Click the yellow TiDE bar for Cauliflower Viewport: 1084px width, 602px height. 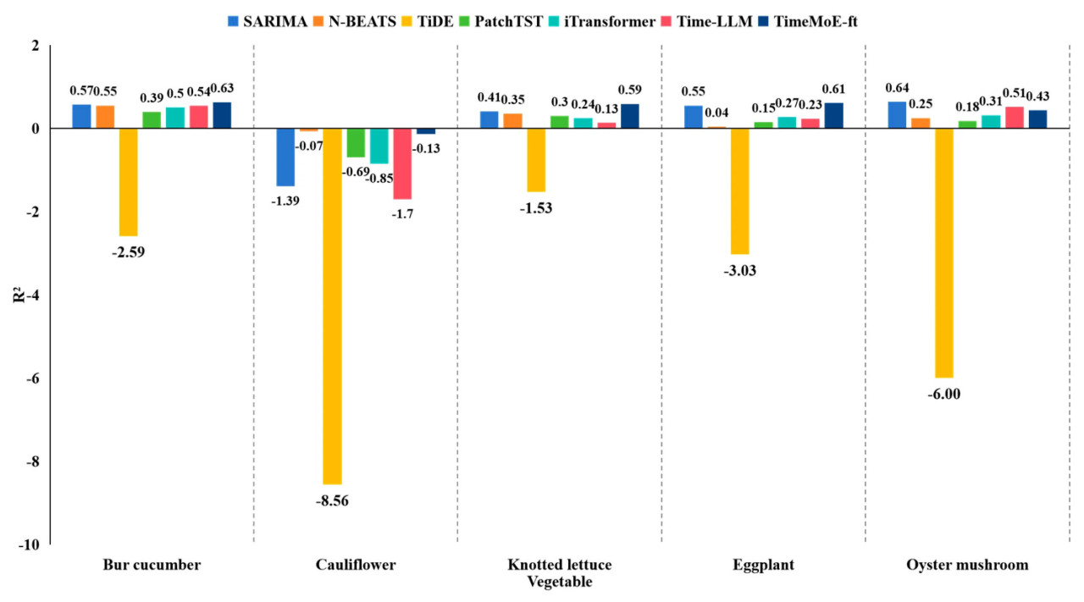[x=332, y=305]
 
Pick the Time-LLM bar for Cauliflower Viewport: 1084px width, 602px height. [x=401, y=163]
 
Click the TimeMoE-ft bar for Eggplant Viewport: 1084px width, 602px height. [x=833, y=115]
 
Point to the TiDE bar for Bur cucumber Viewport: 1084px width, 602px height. [x=128, y=181]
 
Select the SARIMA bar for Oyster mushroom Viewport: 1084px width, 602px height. [x=897, y=115]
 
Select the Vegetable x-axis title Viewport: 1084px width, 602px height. [x=559, y=582]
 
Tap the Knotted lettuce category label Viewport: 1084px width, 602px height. [x=559, y=565]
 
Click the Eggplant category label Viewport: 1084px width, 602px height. [x=763, y=565]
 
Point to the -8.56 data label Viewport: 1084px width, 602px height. [x=332, y=500]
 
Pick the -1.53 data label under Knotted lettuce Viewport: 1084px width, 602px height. [x=536, y=208]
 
